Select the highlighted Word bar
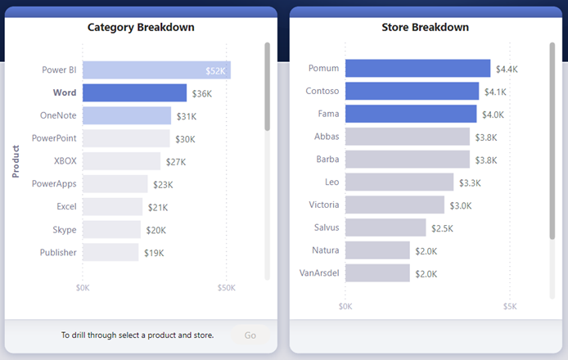tap(134, 93)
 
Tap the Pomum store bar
tap(417, 69)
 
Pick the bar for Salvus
tap(385, 227)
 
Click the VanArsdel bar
tap(377, 273)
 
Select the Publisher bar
tap(110, 253)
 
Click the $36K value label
tap(201, 94)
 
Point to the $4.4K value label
tap(507, 69)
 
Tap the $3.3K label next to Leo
tap(470, 182)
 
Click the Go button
tap(250, 335)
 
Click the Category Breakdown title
tap(141, 28)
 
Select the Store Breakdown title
tap(425, 28)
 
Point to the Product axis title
tap(16, 161)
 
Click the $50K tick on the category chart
tap(226, 288)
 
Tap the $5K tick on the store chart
tap(509, 307)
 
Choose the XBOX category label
tap(65, 161)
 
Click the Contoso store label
tap(322, 91)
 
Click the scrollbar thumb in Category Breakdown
tap(267, 86)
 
